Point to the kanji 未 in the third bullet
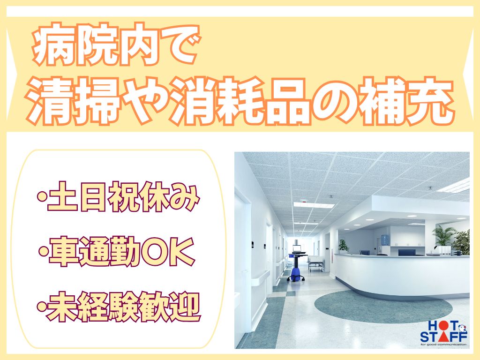pyautogui.click(x=62, y=307)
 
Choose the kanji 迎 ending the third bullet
pyautogui.click(x=185, y=307)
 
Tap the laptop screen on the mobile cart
pyautogui.click(x=297, y=248)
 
